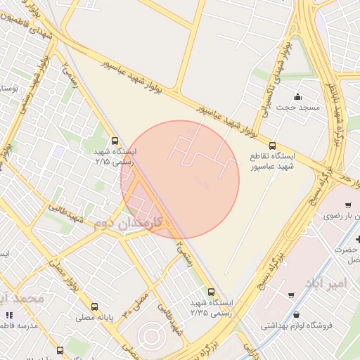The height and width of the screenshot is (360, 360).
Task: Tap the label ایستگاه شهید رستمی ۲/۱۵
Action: [116, 156]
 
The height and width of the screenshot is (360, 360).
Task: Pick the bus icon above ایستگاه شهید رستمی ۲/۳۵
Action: [211, 292]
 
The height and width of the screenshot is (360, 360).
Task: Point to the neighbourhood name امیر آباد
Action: [326, 282]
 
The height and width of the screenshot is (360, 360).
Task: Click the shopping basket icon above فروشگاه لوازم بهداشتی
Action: [297, 315]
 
